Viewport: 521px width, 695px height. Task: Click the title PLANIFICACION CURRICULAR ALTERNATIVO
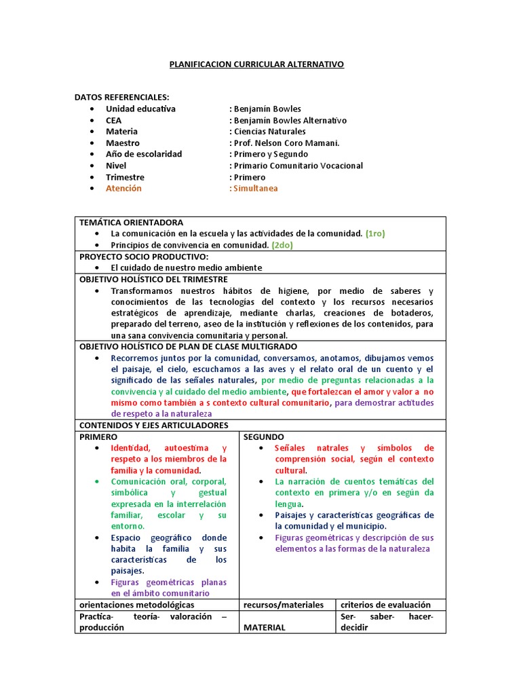(256, 64)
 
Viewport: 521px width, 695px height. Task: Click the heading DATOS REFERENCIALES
(122, 97)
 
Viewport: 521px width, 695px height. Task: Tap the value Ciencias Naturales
(269, 132)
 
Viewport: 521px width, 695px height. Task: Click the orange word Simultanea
(256, 189)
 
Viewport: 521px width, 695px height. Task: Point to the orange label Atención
(123, 189)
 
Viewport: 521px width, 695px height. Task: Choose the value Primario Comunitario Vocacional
(298, 166)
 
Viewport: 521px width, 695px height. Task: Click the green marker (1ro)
(375, 233)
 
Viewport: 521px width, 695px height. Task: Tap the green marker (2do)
(283, 245)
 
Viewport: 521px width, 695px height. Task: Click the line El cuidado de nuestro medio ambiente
(187, 268)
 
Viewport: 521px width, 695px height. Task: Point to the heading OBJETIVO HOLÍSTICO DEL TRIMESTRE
(153, 280)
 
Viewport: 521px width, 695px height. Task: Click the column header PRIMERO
(98, 437)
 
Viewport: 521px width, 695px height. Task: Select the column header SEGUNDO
(264, 437)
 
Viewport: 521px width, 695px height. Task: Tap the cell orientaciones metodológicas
(137, 605)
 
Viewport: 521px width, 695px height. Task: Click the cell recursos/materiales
(284, 605)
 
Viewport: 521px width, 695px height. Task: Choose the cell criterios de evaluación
(385, 605)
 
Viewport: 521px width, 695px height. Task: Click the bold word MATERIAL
(265, 628)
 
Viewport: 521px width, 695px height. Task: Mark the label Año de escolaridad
(144, 155)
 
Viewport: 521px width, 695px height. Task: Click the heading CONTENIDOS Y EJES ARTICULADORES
(154, 426)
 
